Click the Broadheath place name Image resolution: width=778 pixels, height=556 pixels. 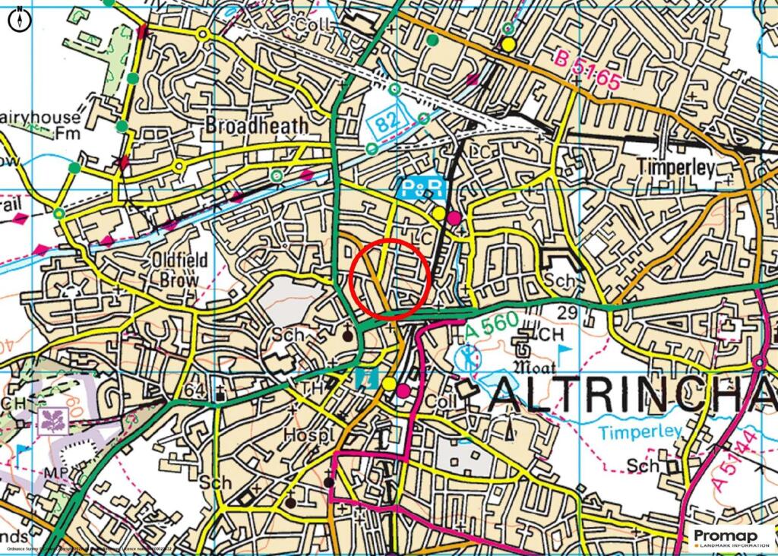257,125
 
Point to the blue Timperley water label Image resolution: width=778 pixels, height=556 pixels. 640,432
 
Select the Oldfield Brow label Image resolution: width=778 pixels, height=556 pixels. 179,269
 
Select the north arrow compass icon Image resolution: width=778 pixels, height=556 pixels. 19,19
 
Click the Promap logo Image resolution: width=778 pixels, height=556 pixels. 731,538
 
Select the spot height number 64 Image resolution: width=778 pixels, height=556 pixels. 194,390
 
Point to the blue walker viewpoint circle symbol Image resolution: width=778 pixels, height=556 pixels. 469,355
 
